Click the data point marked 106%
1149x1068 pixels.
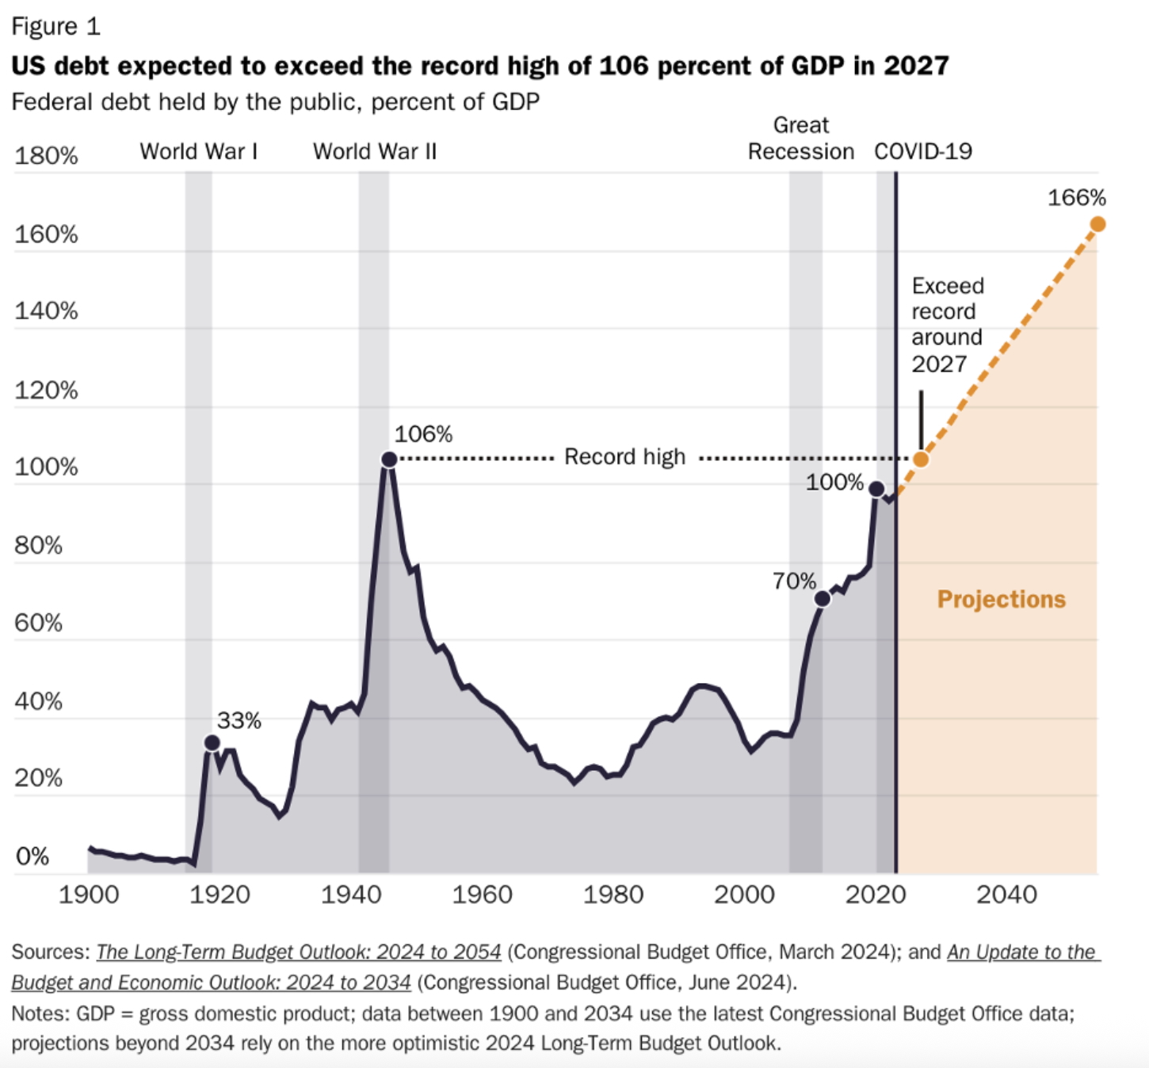388,460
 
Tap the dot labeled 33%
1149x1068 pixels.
212,742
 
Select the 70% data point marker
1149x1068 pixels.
823,599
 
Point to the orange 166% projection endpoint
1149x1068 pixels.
1097,224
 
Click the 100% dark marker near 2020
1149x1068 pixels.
876,489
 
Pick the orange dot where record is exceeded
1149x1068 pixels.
921,459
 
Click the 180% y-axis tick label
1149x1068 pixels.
46,156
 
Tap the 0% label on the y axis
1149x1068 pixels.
32,856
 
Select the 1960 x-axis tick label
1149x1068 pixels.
482,894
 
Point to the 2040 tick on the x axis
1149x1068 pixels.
1006,894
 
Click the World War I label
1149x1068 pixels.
199,151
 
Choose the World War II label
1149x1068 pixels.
375,151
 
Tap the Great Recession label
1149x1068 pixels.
801,139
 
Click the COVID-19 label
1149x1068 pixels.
923,151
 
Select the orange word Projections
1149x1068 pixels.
1002,599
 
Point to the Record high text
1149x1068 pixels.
624,457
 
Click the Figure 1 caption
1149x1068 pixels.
55,27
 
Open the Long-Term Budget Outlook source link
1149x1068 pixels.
299,952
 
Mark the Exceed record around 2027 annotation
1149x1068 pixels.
947,325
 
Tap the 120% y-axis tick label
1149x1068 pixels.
46,391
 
